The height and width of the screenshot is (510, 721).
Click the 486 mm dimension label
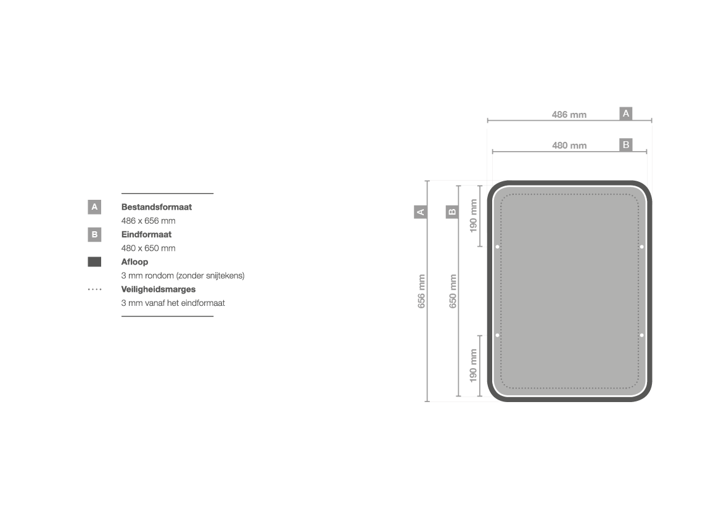coord(569,115)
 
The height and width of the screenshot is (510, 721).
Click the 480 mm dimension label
coord(569,146)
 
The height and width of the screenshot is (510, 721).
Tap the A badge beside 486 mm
coord(626,113)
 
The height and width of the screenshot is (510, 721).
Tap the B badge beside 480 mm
coord(626,145)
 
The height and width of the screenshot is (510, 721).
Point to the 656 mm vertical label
coord(421,291)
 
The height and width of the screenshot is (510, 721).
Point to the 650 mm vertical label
coord(453,291)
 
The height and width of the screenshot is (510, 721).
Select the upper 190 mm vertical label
coord(473,216)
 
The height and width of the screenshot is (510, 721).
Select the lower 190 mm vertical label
coord(473,366)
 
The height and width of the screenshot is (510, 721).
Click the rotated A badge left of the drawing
coord(420,212)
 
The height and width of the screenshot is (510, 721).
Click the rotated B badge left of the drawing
coord(452,212)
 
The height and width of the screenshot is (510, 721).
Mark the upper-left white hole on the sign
coord(497,247)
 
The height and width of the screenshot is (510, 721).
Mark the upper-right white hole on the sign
coord(642,247)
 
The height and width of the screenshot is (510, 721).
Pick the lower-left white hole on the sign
coord(497,335)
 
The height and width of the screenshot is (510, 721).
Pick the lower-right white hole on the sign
coord(642,335)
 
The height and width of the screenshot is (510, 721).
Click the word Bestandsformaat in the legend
coord(156,207)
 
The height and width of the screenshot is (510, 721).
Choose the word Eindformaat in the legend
coord(146,234)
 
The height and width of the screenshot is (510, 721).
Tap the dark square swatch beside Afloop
coord(94,261)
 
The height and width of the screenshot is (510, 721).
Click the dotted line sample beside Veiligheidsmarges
coord(95,289)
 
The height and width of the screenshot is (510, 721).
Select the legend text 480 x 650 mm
coord(148,249)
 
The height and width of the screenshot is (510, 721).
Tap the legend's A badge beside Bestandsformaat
coord(94,207)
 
